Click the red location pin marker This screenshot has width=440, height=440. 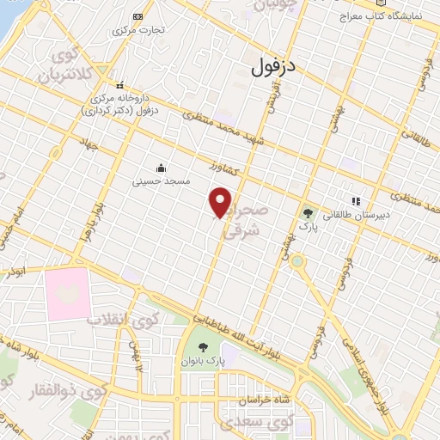tap(221, 202)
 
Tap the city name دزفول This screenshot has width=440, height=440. tap(275, 68)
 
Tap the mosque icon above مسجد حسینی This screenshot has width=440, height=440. tap(161, 168)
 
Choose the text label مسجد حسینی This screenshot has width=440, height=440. tap(159, 182)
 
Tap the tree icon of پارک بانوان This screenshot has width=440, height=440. tap(204, 347)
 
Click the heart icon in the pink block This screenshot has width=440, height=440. tap(67, 291)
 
